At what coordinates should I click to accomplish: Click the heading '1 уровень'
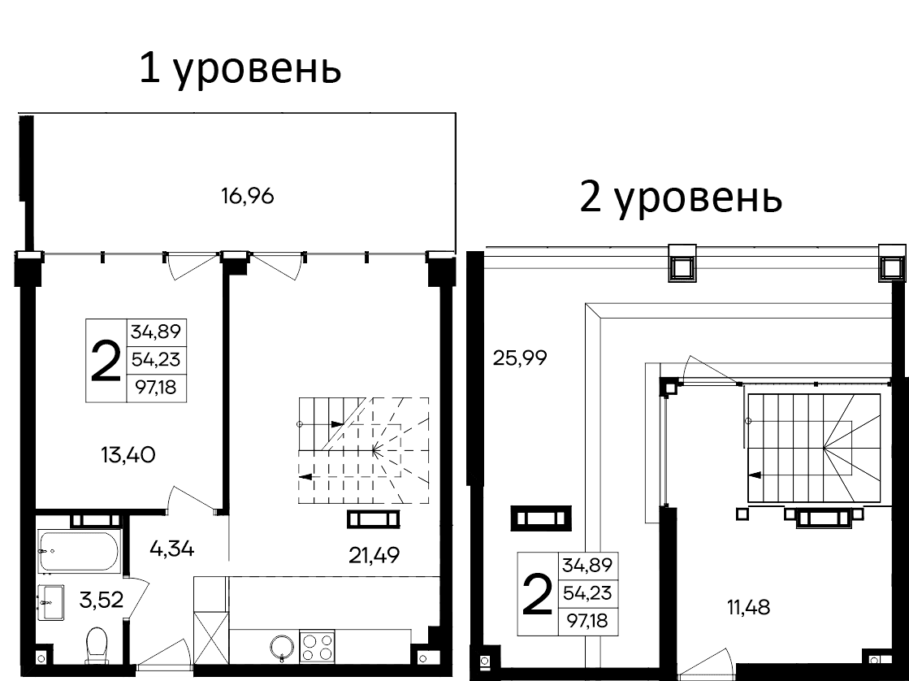[x=240, y=70]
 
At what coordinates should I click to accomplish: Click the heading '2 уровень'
[x=681, y=198]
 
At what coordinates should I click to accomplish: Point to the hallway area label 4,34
[x=171, y=549]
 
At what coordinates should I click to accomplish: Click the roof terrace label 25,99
[x=520, y=357]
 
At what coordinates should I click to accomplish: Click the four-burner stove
[x=318, y=647]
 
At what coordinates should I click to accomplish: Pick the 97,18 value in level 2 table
[x=588, y=622]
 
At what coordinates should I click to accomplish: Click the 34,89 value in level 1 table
[x=156, y=332]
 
